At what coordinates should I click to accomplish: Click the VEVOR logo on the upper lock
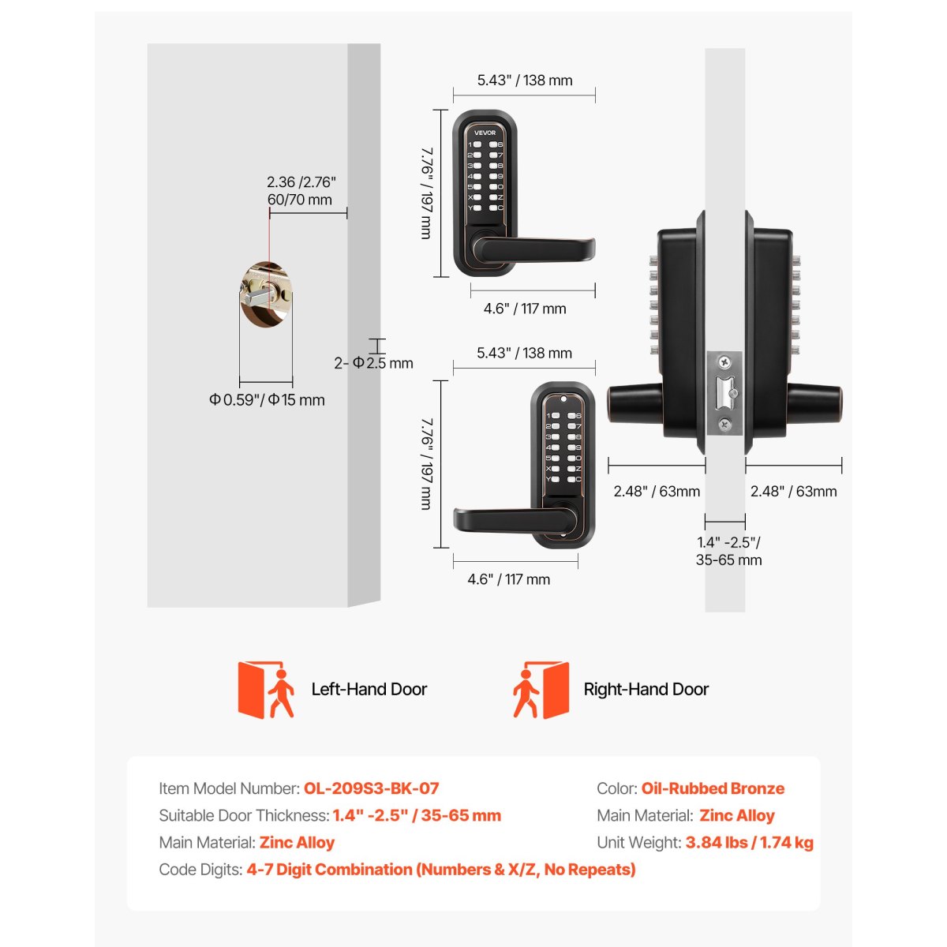[485, 133]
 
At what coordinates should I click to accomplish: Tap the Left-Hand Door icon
[266, 690]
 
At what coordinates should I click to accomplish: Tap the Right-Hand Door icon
[541, 690]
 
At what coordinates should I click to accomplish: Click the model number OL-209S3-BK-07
[371, 788]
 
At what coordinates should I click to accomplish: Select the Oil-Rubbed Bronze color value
[713, 788]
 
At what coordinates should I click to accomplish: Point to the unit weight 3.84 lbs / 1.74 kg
[750, 842]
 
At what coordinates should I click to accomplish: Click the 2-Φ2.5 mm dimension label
[373, 363]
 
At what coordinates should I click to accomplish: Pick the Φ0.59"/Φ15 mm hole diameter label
[267, 400]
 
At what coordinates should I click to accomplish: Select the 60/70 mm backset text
[300, 200]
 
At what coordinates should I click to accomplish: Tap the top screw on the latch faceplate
[724, 363]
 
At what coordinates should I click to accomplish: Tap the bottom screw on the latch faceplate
[724, 424]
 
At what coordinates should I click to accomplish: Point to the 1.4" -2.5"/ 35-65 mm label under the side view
[728, 551]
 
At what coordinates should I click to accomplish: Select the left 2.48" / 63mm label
[657, 492]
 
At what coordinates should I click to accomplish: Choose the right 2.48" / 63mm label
[793, 492]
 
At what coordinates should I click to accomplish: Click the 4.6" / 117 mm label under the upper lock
[525, 309]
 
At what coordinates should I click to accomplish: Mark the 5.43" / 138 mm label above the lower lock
[524, 353]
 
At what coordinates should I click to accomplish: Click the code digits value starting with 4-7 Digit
[441, 870]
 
